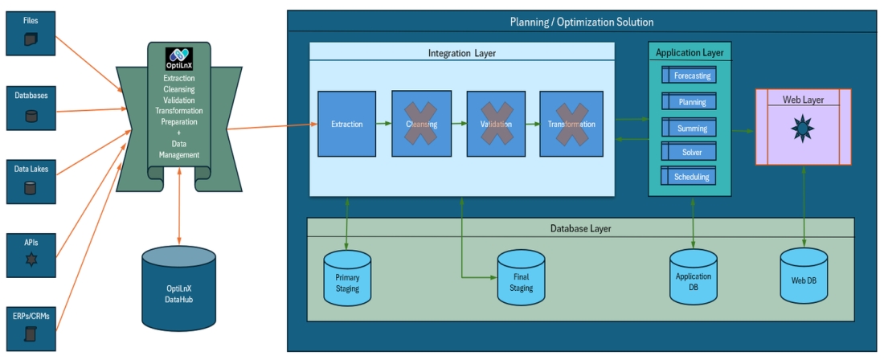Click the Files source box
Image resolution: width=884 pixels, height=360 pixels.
(x=31, y=30)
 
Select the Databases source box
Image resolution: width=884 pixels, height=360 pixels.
(x=31, y=107)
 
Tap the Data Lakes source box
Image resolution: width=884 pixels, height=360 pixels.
(x=31, y=181)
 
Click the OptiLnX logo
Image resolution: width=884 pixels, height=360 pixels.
(x=178, y=59)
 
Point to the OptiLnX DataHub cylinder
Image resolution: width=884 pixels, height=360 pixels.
(x=178, y=288)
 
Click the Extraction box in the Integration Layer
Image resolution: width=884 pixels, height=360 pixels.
(x=346, y=124)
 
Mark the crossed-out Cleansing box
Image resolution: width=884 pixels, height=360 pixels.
(x=420, y=124)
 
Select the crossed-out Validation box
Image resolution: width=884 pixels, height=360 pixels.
(x=495, y=124)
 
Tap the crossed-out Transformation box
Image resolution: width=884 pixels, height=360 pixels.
(x=571, y=124)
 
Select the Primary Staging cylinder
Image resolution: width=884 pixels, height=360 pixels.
(x=347, y=278)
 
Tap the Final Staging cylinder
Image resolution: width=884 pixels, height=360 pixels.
(x=521, y=278)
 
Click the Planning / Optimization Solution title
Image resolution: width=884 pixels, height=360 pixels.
(x=582, y=22)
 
